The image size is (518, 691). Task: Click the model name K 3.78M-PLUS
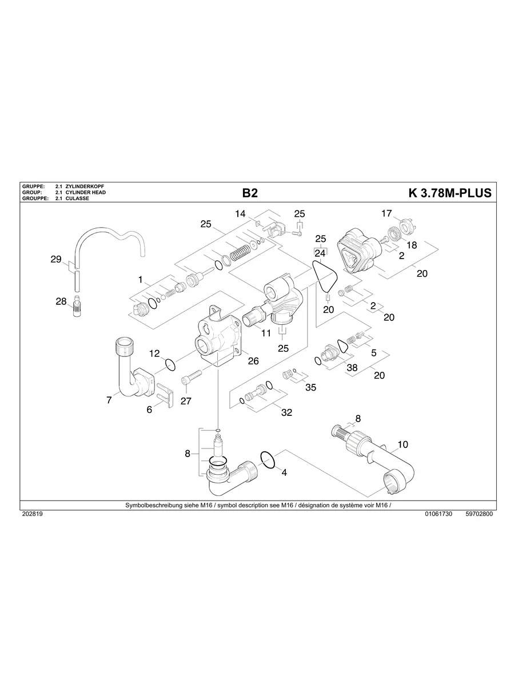[x=449, y=193]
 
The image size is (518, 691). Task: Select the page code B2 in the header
[x=250, y=193]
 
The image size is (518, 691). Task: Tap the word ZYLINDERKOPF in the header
[x=85, y=187]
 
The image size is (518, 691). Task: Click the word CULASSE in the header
[x=77, y=198]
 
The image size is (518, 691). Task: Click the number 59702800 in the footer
[x=479, y=514]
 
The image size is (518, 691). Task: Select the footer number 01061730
[x=439, y=514]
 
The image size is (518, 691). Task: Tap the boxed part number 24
[x=320, y=252]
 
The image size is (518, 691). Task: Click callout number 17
[x=387, y=213]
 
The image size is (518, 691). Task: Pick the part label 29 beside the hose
[x=55, y=259]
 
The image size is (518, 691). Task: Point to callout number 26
[x=253, y=361]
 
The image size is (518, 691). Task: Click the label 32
[x=286, y=412]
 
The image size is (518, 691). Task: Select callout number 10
[x=403, y=444]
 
